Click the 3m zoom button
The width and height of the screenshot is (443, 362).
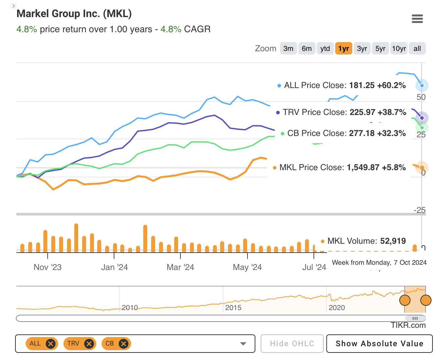288,49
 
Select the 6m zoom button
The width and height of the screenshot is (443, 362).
307,49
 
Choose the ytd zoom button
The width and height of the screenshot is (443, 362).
325,49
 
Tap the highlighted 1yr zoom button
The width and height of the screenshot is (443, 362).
343,49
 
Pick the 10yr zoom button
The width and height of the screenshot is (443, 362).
399,49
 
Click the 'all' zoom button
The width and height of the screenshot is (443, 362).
417,49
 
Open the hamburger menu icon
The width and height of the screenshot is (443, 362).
417,19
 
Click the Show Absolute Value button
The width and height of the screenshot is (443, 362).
379,344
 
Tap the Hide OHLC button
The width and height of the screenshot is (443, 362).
292,344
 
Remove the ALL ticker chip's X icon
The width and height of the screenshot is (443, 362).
50,344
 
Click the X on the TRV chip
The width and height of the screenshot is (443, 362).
88,344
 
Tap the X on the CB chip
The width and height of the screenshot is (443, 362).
123,344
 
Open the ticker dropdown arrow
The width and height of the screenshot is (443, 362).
243,344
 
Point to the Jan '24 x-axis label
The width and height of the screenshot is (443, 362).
114,267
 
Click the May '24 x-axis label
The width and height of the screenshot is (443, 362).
247,267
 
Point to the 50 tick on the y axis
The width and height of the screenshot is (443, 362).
421,97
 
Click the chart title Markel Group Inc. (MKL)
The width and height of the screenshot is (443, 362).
74,14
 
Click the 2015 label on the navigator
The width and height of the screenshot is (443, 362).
233,308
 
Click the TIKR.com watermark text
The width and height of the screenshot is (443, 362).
408,325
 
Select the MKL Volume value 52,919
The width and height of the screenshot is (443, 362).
393,241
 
